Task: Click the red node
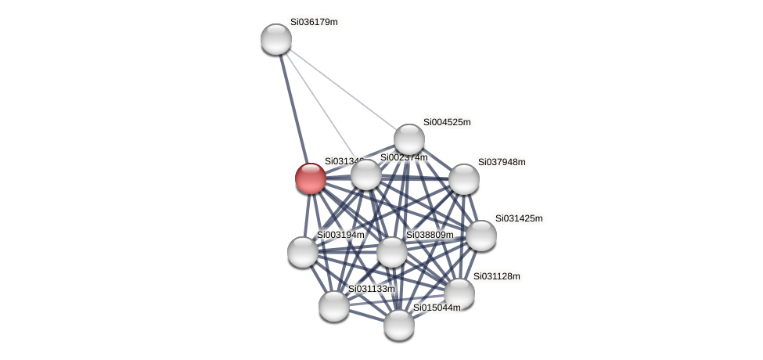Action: pyautogui.click(x=311, y=178)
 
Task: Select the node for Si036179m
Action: pyautogui.click(x=276, y=39)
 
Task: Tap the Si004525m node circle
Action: pyautogui.click(x=408, y=139)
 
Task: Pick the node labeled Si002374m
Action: pyautogui.click(x=366, y=174)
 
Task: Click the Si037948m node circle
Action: pyautogui.click(x=464, y=179)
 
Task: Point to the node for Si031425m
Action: pyautogui.click(x=481, y=236)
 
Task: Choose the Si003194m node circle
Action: pyautogui.click(x=303, y=252)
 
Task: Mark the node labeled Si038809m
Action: pyautogui.click(x=392, y=252)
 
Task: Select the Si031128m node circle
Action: pyautogui.click(x=459, y=293)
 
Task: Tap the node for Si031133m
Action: pyautogui.click(x=334, y=306)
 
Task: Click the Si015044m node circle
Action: pyautogui.click(x=399, y=325)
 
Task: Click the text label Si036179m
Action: pyautogui.click(x=314, y=22)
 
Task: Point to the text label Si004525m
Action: pyautogui.click(x=447, y=122)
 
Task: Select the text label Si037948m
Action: pyautogui.click(x=502, y=162)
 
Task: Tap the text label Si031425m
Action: pyautogui.click(x=519, y=218)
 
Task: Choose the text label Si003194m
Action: pyautogui.click(x=340, y=235)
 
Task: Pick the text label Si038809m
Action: pyautogui.click(x=430, y=235)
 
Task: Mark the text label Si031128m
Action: pyautogui.click(x=496, y=276)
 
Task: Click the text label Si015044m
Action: pyautogui.click(x=437, y=308)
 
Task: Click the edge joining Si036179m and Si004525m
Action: pyautogui.click(x=342, y=89)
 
